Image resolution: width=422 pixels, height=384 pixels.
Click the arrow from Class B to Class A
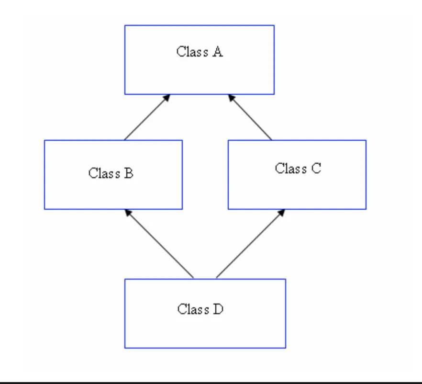pos(146,118)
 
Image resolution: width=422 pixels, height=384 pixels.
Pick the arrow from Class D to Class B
pos(160,244)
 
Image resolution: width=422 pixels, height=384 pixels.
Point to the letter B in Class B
pos(128,173)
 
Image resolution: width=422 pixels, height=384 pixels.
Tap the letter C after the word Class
pos(316,169)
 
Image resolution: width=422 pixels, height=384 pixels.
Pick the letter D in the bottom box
pos(218,309)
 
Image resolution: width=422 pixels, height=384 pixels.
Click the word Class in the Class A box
pos(192,52)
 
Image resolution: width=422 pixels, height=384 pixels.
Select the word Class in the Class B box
pos(103,173)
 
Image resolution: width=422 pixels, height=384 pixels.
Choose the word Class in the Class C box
pos(290,169)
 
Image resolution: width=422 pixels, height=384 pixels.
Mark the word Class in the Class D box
pos(193,309)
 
